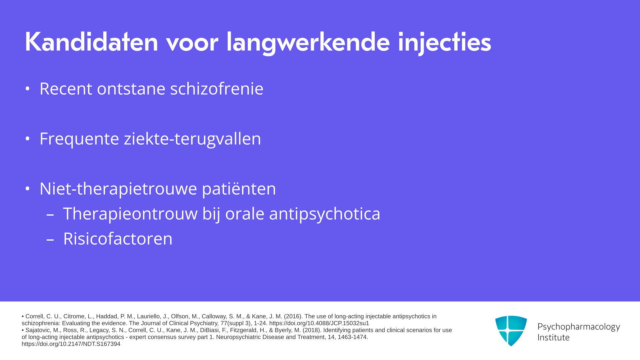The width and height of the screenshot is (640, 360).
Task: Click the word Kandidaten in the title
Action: point(91,42)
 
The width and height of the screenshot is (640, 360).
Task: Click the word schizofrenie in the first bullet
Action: point(217,89)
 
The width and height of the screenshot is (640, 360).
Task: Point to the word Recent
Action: point(66,89)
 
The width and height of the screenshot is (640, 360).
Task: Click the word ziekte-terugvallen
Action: point(192,139)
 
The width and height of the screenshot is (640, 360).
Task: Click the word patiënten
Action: point(239,189)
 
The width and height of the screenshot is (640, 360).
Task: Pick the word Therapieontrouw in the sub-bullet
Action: point(130,214)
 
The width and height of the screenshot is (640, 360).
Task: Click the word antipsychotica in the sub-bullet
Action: point(325,214)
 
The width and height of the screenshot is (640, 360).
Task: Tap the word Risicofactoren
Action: point(118,239)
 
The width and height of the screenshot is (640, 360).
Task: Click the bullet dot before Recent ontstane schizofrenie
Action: point(27,89)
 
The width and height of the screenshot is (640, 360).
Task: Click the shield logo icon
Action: point(511,331)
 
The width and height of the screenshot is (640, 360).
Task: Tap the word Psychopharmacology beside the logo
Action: point(579,327)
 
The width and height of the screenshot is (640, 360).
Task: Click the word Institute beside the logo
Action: point(553,338)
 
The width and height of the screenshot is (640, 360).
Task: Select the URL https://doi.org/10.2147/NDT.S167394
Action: point(71,344)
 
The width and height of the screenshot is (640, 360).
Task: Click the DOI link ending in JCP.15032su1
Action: point(319,323)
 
